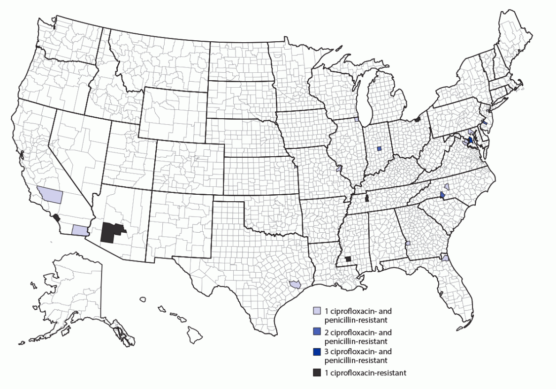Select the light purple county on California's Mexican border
[x=80, y=230]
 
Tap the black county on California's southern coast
[x=57, y=218]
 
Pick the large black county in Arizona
[x=111, y=231]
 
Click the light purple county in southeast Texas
[x=295, y=284]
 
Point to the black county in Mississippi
[x=348, y=259]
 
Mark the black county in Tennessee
[x=367, y=198]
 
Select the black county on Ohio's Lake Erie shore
[x=417, y=120]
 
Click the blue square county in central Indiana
[x=379, y=149]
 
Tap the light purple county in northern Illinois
[x=357, y=120]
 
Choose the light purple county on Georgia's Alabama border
[x=408, y=244]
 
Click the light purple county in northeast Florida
[x=445, y=258]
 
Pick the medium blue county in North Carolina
[x=442, y=195]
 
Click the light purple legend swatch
[x=318, y=311]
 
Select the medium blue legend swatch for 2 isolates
[x=318, y=332]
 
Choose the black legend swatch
[x=318, y=373]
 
